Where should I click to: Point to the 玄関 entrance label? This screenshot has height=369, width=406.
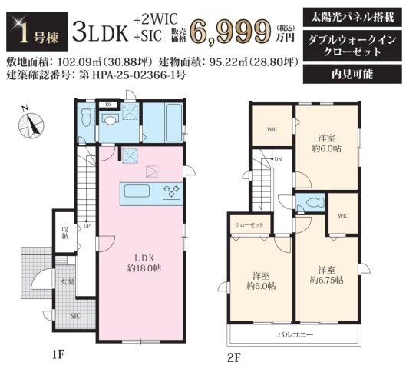(x=68, y=283)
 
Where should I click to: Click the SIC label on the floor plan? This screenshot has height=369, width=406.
(x=76, y=316)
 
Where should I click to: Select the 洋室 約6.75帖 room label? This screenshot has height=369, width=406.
(x=326, y=274)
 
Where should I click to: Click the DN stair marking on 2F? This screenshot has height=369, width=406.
(x=278, y=159)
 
